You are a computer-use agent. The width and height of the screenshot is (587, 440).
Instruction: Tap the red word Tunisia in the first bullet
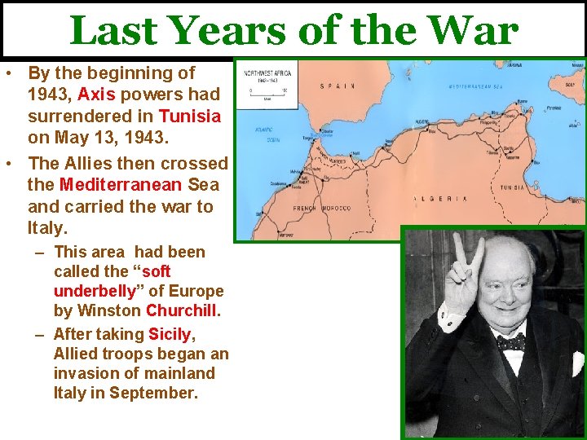(x=190, y=117)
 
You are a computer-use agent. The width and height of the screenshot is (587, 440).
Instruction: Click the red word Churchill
(x=183, y=310)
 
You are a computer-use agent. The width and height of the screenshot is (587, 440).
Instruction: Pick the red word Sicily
(x=170, y=334)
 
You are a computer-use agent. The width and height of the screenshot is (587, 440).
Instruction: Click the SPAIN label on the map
(x=337, y=86)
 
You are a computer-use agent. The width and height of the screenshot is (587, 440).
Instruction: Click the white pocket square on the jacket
(x=576, y=363)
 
